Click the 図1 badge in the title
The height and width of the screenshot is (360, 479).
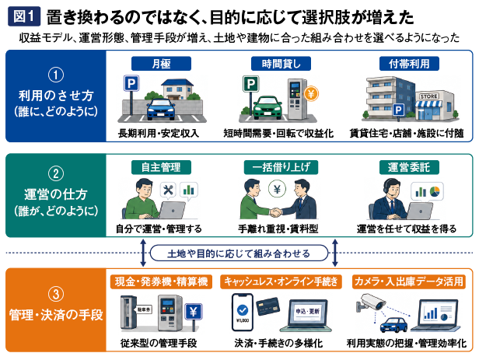[x=24, y=16]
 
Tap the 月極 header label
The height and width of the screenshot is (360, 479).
[x=161, y=64]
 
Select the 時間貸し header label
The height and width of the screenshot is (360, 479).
[x=281, y=64]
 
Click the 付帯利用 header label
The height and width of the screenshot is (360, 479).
[x=409, y=64]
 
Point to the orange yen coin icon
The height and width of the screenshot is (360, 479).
[x=311, y=93]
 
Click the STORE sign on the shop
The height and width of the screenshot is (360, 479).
[x=428, y=96]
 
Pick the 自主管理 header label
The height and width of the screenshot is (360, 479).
[x=161, y=167]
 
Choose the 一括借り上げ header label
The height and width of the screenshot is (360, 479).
[x=281, y=167]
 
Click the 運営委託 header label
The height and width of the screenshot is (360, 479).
[x=409, y=167]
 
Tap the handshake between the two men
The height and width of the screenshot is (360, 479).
[x=276, y=211]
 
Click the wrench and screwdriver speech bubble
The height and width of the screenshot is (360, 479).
[x=168, y=190]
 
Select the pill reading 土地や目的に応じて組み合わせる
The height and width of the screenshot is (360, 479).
[x=239, y=253]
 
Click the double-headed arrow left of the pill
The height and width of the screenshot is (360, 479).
[x=142, y=253]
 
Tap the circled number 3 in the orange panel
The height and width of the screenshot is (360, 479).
[x=56, y=295]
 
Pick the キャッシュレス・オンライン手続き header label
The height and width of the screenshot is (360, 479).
[x=281, y=281]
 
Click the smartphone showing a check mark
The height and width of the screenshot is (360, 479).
[x=243, y=313]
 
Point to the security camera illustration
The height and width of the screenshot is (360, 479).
[x=370, y=302]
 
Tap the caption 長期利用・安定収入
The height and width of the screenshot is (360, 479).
[x=159, y=133]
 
